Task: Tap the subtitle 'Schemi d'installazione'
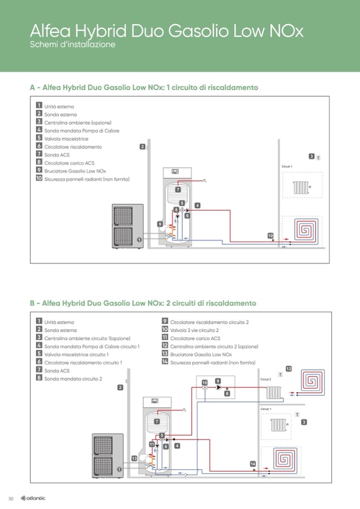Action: point(73,45)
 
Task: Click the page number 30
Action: point(11,498)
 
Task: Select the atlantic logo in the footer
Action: point(33,498)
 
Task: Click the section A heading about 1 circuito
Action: point(144,87)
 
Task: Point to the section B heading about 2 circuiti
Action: point(143,303)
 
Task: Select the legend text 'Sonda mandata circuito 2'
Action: point(73,379)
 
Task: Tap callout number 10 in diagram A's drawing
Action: point(270,235)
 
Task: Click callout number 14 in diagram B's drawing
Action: point(253,464)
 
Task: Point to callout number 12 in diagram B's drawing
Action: point(289,368)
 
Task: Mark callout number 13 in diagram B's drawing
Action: point(134,458)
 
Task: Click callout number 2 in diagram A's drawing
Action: point(142,146)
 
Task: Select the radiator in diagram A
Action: point(301,187)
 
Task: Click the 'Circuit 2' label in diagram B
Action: point(266,379)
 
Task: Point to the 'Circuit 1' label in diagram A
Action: point(287,167)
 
